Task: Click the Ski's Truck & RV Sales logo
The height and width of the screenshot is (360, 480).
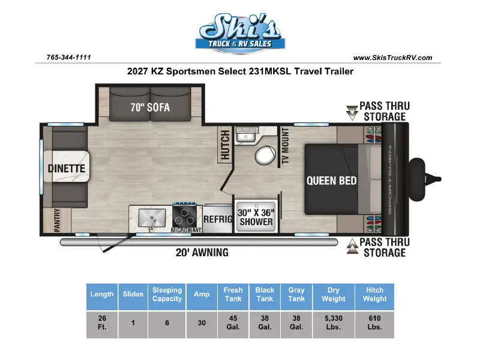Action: pyautogui.click(x=240, y=34)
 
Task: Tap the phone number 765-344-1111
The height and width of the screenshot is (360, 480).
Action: pyautogui.click(x=68, y=57)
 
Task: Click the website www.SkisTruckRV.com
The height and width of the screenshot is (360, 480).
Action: pyautogui.click(x=393, y=58)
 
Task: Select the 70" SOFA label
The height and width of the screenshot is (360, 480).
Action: pyautogui.click(x=150, y=107)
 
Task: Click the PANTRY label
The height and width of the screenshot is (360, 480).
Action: pyautogui.click(x=57, y=220)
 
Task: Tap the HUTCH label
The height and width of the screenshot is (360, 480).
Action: pyautogui.click(x=225, y=145)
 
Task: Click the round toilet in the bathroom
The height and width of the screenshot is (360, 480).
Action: pyautogui.click(x=265, y=155)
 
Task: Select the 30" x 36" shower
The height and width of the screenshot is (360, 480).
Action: pyautogui.click(x=256, y=217)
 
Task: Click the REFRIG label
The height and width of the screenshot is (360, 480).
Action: pyautogui.click(x=218, y=219)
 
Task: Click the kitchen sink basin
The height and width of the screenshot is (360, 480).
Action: pyautogui.click(x=152, y=218)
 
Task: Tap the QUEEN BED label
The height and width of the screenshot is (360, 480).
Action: pyautogui.click(x=332, y=181)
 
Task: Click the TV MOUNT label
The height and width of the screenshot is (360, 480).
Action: pyautogui.click(x=285, y=146)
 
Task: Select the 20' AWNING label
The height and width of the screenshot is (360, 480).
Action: pyautogui.click(x=202, y=252)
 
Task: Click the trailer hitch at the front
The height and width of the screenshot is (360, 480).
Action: pyautogui.click(x=424, y=179)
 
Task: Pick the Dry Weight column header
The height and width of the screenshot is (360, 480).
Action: pyautogui.click(x=334, y=295)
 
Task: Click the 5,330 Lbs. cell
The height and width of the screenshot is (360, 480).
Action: pyautogui.click(x=334, y=323)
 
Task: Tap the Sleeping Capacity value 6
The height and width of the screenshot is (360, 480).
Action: pyautogui.click(x=167, y=323)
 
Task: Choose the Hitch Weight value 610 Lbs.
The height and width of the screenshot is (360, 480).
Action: pyautogui.click(x=374, y=323)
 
